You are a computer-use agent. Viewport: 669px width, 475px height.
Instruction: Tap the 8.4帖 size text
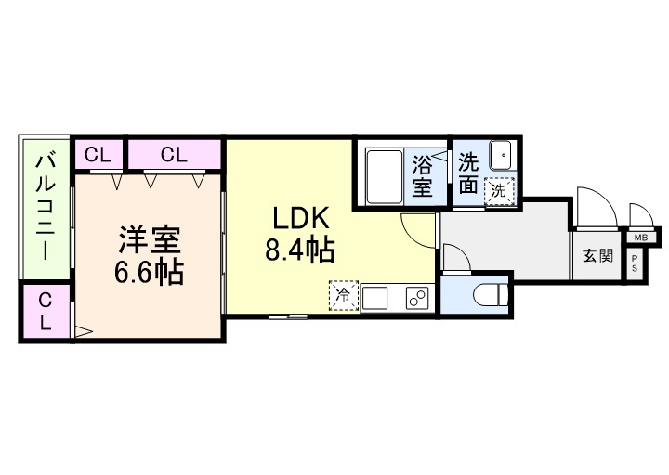pos(300,250)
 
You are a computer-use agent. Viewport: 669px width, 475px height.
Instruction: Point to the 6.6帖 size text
pos(150,272)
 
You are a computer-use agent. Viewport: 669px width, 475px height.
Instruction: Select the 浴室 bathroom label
pos(423,176)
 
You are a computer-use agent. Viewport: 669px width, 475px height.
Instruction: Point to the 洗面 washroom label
pos(469,173)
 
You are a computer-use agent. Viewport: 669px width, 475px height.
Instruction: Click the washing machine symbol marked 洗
pos(499,191)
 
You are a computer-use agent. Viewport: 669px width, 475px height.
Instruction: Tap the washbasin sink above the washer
pos(501,154)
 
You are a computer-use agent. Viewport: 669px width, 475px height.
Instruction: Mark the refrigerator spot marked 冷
pos(342,298)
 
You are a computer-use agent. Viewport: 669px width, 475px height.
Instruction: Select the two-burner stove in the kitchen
pos(414,299)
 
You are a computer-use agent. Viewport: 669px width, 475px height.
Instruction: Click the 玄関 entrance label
pos(597,256)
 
